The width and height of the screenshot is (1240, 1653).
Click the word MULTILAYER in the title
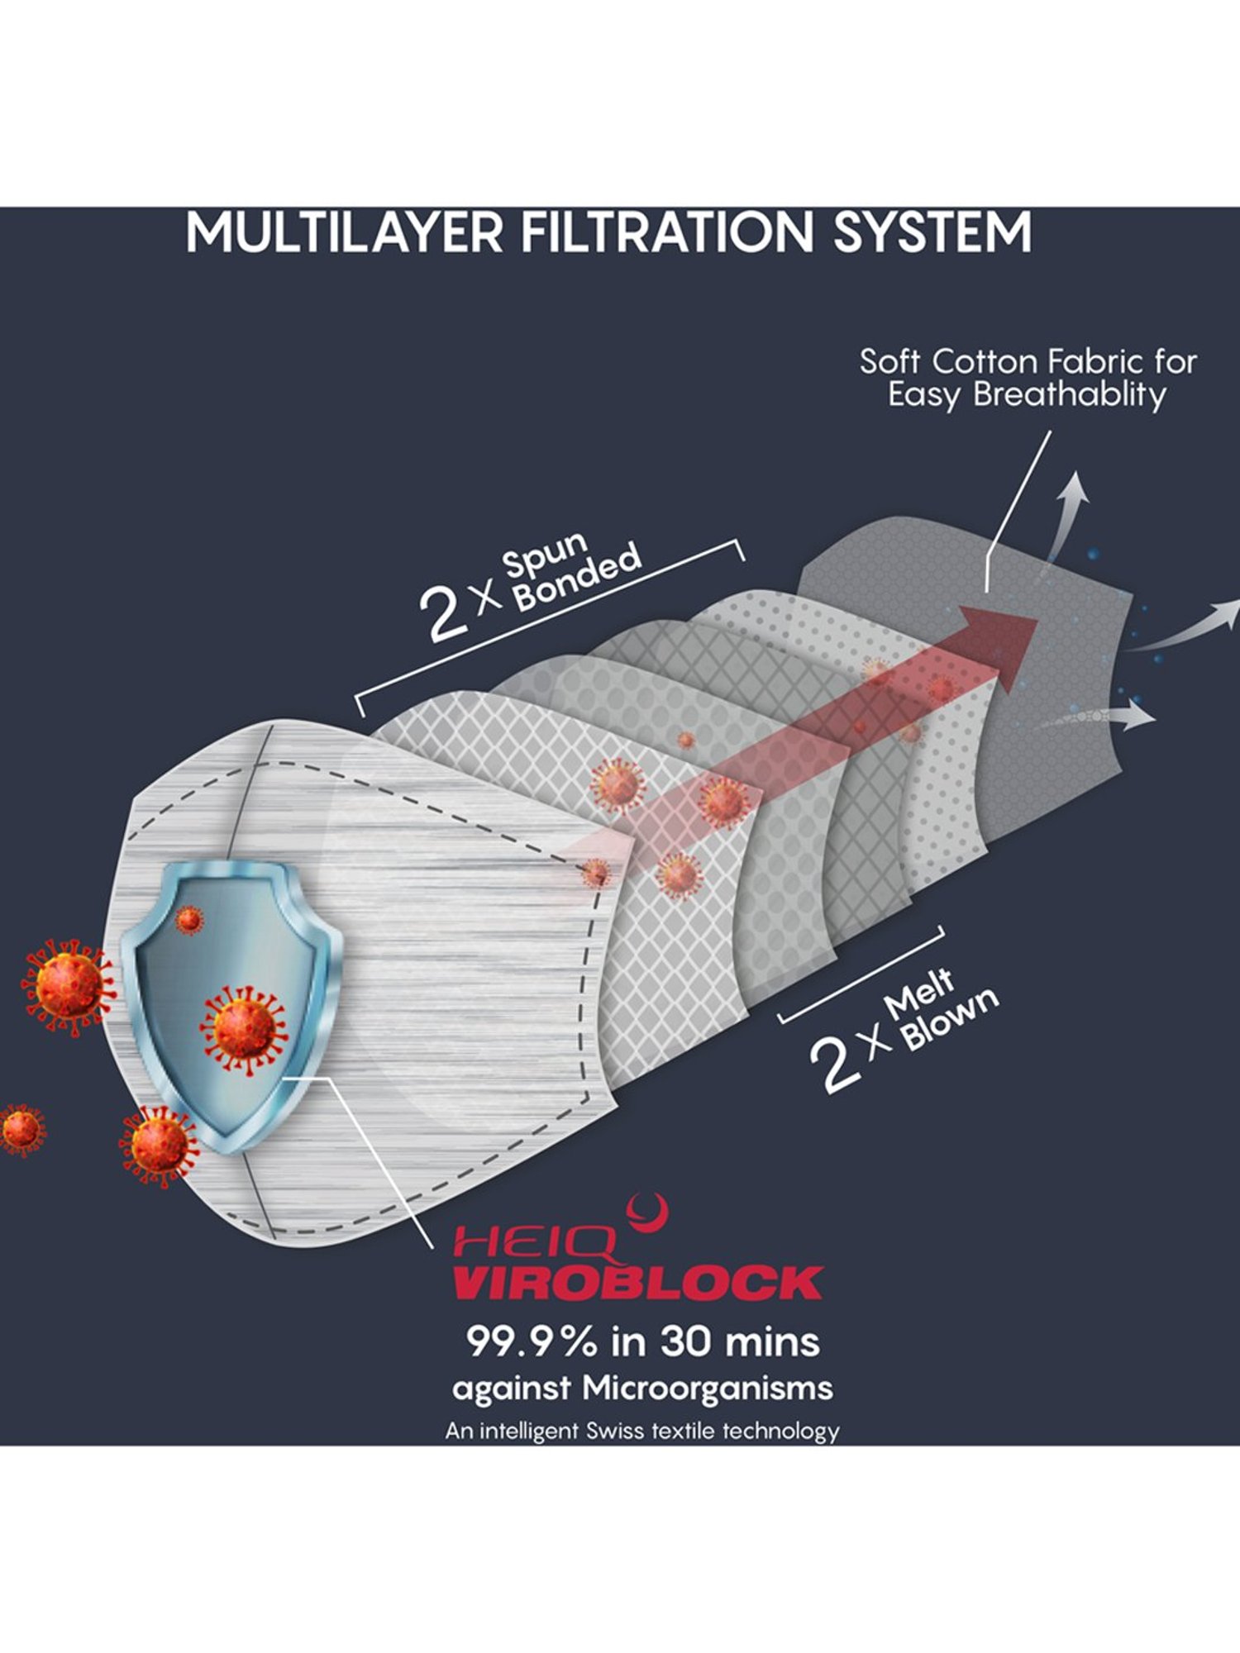click(x=344, y=232)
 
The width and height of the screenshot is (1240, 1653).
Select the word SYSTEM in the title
click(x=932, y=232)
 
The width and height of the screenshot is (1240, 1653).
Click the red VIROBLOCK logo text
click(x=637, y=1282)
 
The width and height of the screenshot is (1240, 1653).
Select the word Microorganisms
click(x=707, y=1388)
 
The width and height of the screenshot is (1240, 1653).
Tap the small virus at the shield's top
click(x=189, y=919)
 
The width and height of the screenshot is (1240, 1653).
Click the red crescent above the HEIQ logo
click(x=647, y=1213)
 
